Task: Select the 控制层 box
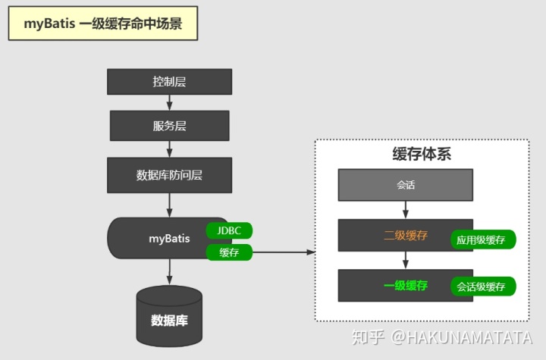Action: tap(169, 81)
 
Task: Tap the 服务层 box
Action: tap(169, 126)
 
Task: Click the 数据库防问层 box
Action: tap(169, 175)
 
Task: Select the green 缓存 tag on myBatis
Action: tap(229, 253)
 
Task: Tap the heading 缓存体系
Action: tap(422, 154)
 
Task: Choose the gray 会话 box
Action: tap(406, 184)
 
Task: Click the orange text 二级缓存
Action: tap(406, 236)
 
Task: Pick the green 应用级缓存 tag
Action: tap(484, 240)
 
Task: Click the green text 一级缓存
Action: tap(406, 286)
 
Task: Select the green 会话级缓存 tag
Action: tap(484, 286)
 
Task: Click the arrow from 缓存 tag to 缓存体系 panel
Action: tap(284, 253)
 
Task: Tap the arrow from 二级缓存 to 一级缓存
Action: tap(406, 260)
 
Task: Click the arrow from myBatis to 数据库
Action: tap(169, 271)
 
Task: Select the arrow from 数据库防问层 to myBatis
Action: tap(169, 205)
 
